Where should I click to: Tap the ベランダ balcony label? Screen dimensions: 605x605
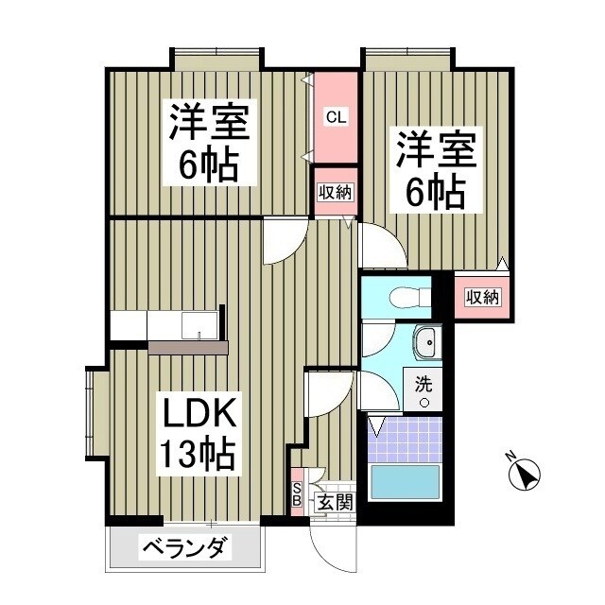tap(186, 547)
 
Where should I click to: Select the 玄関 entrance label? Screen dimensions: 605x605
tap(334, 502)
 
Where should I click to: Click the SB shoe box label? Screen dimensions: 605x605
tap(296, 493)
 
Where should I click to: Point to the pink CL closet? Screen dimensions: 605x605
tap(336, 118)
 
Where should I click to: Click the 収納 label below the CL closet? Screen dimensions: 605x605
tap(334, 193)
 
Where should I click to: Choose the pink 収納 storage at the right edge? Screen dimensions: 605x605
tap(483, 297)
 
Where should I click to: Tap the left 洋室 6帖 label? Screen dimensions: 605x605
tap(209, 144)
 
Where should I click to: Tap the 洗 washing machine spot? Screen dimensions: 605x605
tap(424, 390)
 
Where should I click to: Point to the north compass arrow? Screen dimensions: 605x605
tap(523, 472)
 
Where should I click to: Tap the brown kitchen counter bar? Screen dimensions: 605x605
tap(188, 348)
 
